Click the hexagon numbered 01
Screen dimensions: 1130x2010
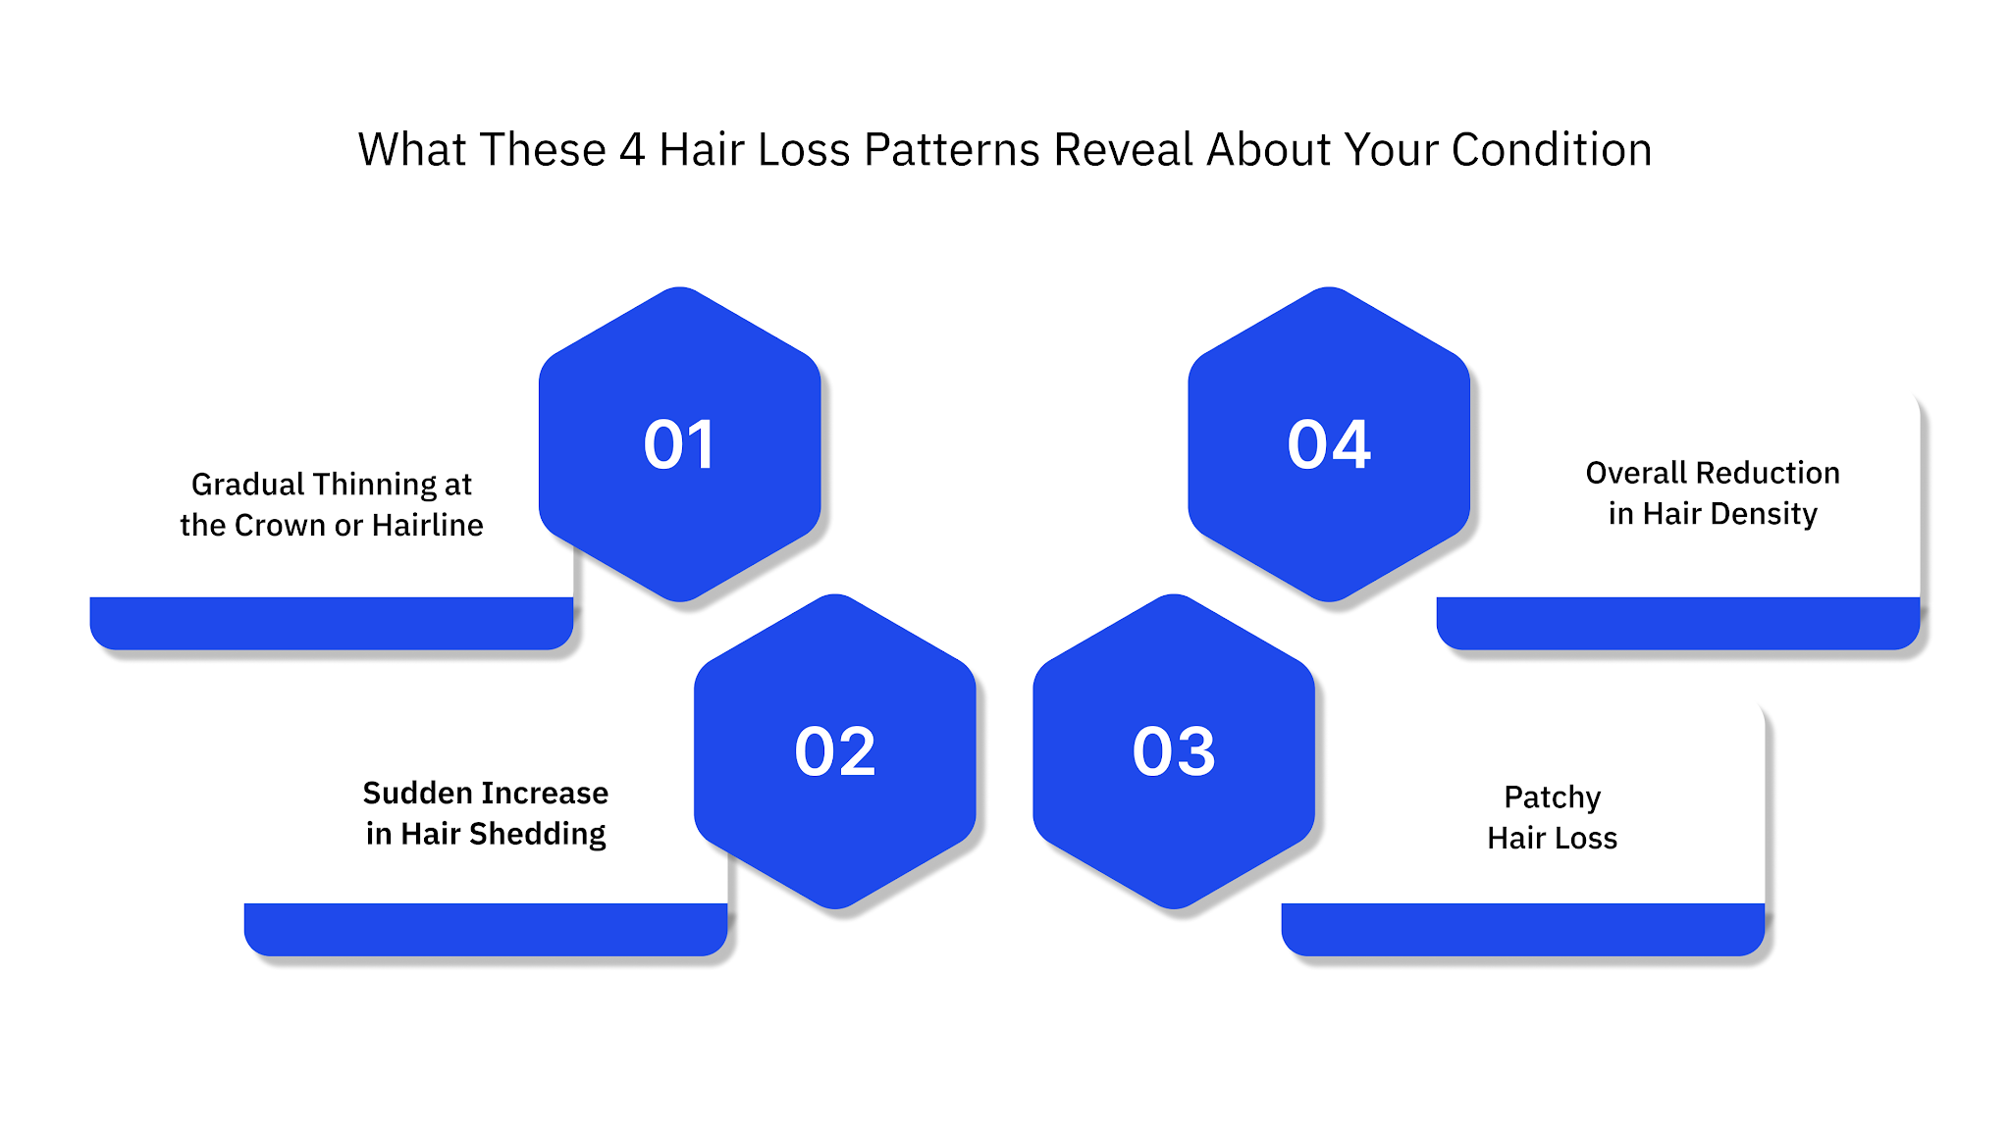point(679,444)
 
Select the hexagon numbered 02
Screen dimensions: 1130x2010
point(834,751)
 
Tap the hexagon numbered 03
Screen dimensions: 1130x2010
point(1174,751)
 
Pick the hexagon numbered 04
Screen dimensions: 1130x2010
point(1329,444)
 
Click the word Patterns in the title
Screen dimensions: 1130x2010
point(951,150)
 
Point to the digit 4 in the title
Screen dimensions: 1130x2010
point(632,150)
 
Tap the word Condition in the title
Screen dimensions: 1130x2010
point(1552,150)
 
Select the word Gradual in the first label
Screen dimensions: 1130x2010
point(248,485)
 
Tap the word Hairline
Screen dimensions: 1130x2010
point(428,526)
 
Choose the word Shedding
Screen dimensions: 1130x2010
point(537,834)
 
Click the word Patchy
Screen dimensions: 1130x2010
point(1552,797)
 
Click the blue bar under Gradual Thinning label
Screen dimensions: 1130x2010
point(331,623)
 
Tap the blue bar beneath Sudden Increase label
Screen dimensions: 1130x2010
point(485,929)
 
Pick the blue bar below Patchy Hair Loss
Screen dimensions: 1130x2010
point(1522,929)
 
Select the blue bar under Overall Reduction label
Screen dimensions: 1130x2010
point(1677,623)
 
